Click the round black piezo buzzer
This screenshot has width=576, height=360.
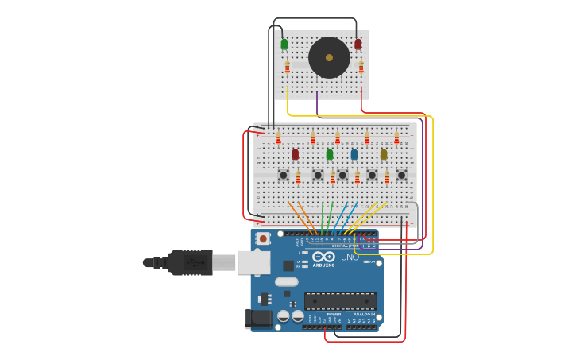329,57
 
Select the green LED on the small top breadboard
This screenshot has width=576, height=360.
284,45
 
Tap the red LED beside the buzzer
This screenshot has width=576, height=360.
358,45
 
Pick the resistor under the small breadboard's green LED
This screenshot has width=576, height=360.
288,68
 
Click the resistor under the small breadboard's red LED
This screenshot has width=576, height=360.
361,68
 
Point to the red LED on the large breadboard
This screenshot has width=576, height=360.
295,154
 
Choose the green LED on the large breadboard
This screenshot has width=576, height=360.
330,154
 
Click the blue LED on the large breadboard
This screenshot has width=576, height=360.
354,154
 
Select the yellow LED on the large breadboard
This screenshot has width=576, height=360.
384,154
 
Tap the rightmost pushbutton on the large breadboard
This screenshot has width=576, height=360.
401,175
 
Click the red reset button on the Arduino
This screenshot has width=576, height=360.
263,238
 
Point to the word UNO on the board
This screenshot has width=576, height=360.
350,257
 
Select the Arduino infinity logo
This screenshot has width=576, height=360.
323,257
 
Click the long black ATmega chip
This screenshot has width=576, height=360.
340,301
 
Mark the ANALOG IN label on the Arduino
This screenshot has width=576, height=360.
364,314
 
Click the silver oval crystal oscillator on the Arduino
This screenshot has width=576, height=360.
286,281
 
